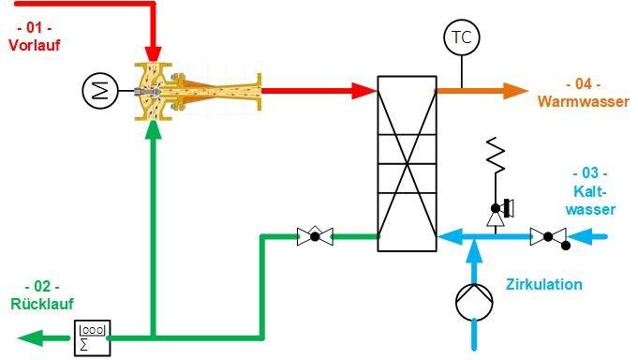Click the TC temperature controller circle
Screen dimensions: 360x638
461,37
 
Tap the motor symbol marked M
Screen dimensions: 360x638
97,91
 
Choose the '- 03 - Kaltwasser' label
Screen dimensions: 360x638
590,191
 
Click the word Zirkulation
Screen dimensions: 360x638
543,284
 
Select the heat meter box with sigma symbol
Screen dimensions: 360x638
93,336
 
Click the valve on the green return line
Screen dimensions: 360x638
316,236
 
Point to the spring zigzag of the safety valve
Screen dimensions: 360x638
497,155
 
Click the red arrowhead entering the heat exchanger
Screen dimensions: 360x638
364,91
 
